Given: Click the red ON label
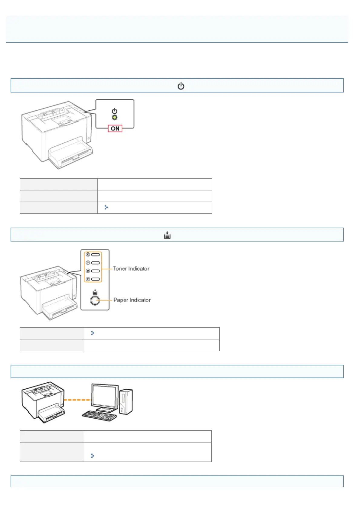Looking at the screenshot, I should point(115,128).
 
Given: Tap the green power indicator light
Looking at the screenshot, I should point(115,118).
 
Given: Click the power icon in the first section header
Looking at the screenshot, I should point(181,86).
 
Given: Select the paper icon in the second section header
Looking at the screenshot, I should point(167,235).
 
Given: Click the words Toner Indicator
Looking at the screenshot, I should point(131,268).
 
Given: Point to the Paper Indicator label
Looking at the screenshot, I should point(132,300).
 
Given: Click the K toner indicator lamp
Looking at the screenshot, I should point(96,254).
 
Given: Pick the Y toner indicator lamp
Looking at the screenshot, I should point(96,263).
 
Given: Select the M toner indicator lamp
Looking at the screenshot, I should point(96,271).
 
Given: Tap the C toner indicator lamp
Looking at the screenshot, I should point(96,279).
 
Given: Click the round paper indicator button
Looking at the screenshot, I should point(95,300).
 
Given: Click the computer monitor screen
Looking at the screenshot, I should point(105,396).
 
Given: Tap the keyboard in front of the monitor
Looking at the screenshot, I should point(99,415).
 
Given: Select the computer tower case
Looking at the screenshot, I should point(126,401).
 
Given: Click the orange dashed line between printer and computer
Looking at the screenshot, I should point(78,400).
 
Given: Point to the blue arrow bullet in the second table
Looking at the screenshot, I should point(93,333).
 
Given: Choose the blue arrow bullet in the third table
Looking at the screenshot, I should point(93,456).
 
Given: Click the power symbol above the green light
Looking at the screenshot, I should point(114,111).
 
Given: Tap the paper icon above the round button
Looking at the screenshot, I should point(95,292).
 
